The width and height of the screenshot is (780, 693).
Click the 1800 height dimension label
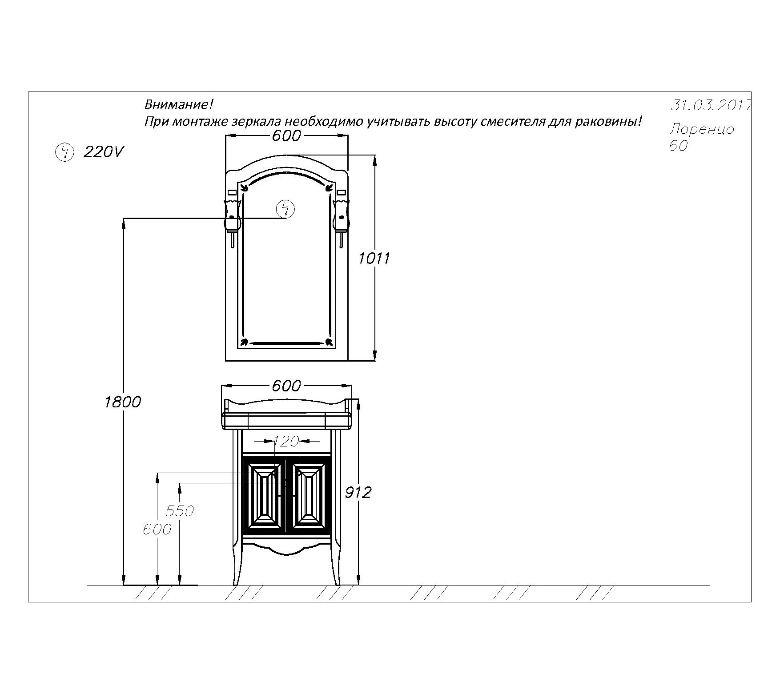tap(122, 402)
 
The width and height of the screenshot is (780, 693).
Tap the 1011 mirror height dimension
tap(374, 258)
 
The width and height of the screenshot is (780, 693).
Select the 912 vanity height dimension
tap(358, 492)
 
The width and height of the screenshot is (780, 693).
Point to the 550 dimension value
tap(180, 511)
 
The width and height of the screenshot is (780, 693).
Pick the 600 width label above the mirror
tap(286, 135)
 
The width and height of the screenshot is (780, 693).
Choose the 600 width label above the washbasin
tap(286, 386)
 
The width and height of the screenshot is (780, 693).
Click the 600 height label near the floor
tap(157, 529)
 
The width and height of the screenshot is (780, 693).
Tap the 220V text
tap(103, 152)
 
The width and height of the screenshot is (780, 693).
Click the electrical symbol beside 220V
tap(64, 152)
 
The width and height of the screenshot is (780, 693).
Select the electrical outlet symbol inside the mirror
tap(285, 209)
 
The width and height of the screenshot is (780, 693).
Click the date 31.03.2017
tap(711, 105)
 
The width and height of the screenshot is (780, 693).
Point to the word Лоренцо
tap(702, 129)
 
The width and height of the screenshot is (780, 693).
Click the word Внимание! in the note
tap(179, 105)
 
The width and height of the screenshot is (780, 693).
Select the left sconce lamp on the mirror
tap(233, 222)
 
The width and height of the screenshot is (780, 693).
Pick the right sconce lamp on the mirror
tap(341, 222)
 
